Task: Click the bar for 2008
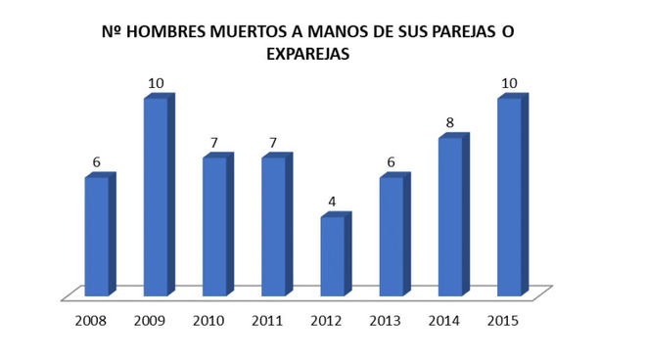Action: click(x=97, y=236)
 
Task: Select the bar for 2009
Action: click(x=157, y=196)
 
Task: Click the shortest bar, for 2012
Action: click(x=333, y=255)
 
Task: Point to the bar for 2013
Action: click(x=392, y=236)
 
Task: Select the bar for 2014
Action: click(x=450, y=216)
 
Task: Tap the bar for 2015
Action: click(x=509, y=196)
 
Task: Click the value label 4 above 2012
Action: click(x=332, y=202)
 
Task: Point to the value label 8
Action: click(x=449, y=123)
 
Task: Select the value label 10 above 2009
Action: click(x=156, y=83)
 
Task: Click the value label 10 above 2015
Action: click(x=509, y=83)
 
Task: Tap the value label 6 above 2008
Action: click(x=96, y=162)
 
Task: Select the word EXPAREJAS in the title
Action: click(x=308, y=56)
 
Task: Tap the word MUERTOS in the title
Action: click(x=250, y=33)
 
